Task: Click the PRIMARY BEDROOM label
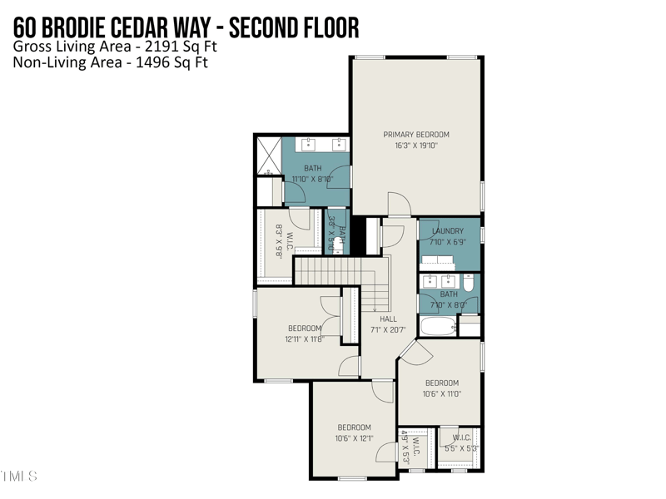pos(415,134)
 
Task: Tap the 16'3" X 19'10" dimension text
pos(415,146)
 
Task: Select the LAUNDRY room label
pos(448,231)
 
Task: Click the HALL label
pos(388,319)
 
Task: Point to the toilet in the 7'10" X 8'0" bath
pos(468,284)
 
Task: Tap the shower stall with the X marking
pos(268,156)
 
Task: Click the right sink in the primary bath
pos(340,145)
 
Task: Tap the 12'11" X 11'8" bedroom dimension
pos(304,339)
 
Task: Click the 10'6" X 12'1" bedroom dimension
pos(354,438)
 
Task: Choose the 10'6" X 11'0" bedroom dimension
pos(441,394)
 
